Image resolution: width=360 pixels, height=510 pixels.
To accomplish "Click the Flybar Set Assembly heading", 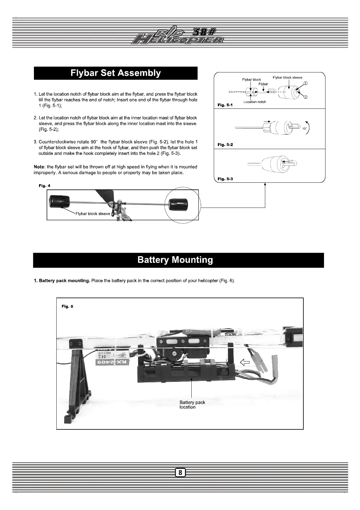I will [115, 73].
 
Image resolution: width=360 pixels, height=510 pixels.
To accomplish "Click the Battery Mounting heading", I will [175, 260].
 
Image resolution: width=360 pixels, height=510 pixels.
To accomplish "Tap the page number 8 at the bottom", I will [180, 472].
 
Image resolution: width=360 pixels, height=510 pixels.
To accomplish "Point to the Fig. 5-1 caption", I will [225, 105].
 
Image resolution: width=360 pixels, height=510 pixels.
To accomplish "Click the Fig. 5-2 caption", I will [225, 145].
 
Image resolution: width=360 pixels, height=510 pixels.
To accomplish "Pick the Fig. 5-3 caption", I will [225, 179].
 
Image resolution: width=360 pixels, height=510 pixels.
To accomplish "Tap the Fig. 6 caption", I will [67, 306].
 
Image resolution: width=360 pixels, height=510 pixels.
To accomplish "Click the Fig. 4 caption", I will [45, 185].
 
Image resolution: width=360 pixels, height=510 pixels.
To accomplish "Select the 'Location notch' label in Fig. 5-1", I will [255, 102].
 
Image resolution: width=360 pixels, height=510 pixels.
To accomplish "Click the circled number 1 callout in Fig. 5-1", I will [306, 83].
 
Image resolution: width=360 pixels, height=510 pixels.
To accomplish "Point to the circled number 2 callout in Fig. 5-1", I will [306, 97].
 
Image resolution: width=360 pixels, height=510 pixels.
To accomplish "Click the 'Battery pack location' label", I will [192, 405].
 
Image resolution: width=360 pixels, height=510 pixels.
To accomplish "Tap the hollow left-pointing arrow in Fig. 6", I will [244, 362].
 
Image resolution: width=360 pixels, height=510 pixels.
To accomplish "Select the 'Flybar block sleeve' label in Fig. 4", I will [93, 214].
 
